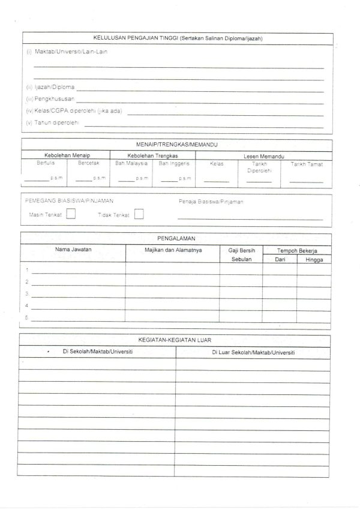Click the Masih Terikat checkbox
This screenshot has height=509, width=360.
(71, 214)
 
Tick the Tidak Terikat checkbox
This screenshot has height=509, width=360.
(139, 214)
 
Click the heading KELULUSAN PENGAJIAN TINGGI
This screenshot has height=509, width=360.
(178, 38)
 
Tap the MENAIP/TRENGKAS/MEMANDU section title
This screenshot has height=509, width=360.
(176, 145)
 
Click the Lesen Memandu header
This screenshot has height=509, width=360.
(263, 155)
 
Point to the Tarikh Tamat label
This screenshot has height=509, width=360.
(307, 164)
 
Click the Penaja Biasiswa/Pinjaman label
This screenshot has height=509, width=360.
(211, 202)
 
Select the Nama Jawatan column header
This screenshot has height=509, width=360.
(73, 248)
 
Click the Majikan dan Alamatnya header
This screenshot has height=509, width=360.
(173, 249)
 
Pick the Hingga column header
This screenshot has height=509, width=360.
(314, 260)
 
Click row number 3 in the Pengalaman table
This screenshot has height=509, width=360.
(27, 294)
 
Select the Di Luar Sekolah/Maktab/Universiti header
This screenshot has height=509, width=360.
(253, 352)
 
